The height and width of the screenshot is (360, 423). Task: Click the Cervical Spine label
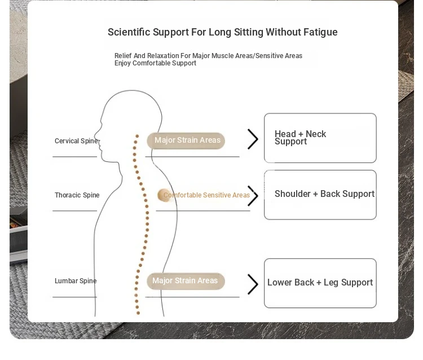click(x=76, y=141)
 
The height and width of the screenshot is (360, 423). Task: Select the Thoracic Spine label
click(x=77, y=195)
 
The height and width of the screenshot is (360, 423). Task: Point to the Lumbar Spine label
click(x=76, y=281)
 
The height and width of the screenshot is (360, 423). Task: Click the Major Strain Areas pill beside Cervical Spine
click(x=186, y=141)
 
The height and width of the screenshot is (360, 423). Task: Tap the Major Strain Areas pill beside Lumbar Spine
click(x=186, y=281)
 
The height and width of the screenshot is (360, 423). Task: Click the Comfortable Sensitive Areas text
click(x=206, y=195)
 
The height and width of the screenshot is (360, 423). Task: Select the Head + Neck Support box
click(x=320, y=138)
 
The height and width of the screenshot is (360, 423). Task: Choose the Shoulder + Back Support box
click(x=320, y=195)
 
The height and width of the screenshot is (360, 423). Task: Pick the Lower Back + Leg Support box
click(x=320, y=283)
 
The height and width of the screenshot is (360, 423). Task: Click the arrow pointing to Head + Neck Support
click(x=253, y=139)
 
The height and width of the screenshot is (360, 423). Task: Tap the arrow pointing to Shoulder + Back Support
click(x=253, y=196)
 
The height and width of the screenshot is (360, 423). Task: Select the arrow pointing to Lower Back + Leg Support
click(x=253, y=284)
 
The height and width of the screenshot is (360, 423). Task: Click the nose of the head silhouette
click(x=95, y=135)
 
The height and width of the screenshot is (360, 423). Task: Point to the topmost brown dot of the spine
click(x=137, y=136)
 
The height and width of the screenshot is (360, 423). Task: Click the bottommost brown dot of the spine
click(x=138, y=313)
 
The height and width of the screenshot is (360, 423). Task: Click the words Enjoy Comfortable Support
click(x=156, y=63)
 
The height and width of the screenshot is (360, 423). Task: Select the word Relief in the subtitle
click(x=123, y=56)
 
